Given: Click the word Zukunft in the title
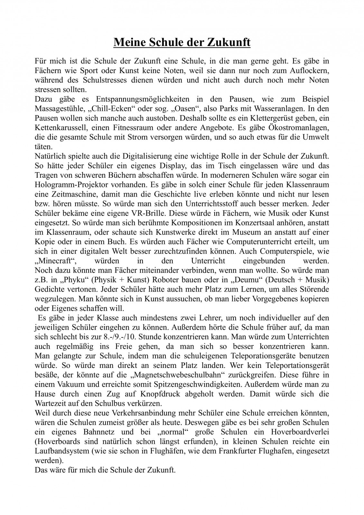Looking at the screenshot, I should [x=229, y=42].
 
